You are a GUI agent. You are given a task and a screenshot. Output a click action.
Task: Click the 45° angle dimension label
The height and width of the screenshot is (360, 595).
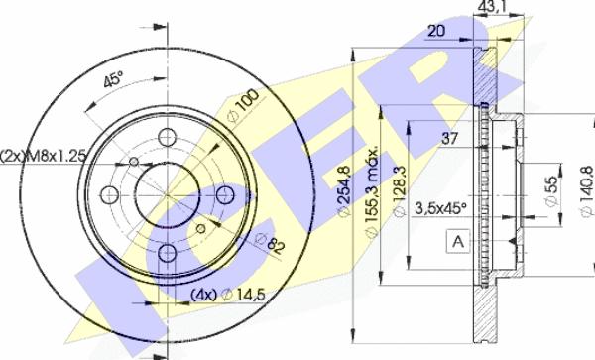pyautogui.click(x=113, y=79)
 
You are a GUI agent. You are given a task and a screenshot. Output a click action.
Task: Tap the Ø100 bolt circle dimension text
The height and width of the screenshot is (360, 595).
pyautogui.click(x=243, y=105)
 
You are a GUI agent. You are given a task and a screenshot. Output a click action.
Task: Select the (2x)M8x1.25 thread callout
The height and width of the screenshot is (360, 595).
pyautogui.click(x=44, y=156)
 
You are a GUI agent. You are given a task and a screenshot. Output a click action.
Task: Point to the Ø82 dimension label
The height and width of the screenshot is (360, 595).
pyautogui.click(x=270, y=243)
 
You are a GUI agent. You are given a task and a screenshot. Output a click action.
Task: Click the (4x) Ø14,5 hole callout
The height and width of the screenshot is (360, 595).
pyautogui.click(x=227, y=294)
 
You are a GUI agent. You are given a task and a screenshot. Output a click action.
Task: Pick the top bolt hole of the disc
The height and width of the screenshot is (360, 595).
pyautogui.click(x=167, y=137)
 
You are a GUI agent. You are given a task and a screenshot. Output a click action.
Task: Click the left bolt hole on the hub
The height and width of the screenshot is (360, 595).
pyautogui.click(x=110, y=195)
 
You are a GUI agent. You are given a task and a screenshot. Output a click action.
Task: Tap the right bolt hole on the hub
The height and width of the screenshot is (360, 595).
pyautogui.click(x=225, y=195)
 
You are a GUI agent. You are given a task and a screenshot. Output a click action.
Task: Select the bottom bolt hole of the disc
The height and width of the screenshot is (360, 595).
pyautogui.click(x=167, y=253)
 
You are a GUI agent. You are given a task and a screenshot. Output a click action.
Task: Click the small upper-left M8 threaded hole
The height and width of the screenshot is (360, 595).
pyautogui.click(x=133, y=162)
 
